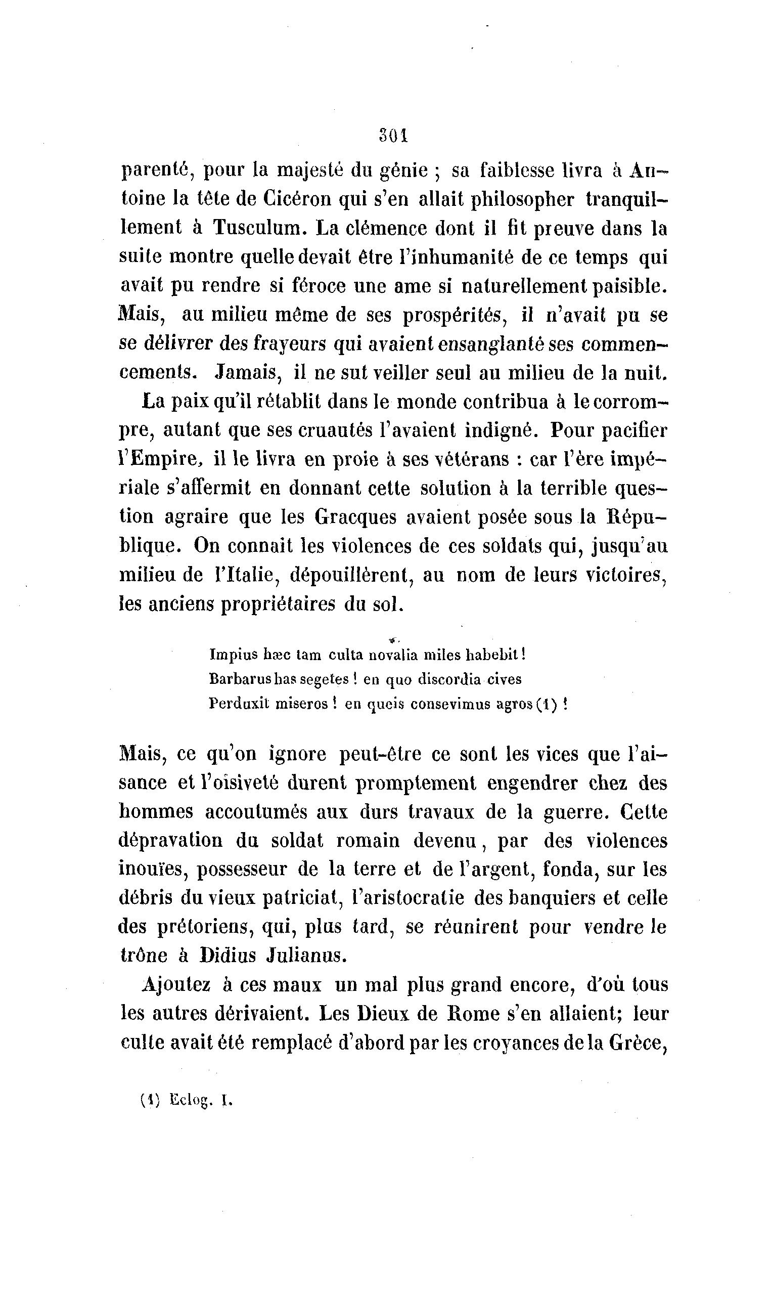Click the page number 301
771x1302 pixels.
coord(393,136)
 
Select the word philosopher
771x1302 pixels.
coord(522,200)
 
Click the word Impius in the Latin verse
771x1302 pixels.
coord(234,655)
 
